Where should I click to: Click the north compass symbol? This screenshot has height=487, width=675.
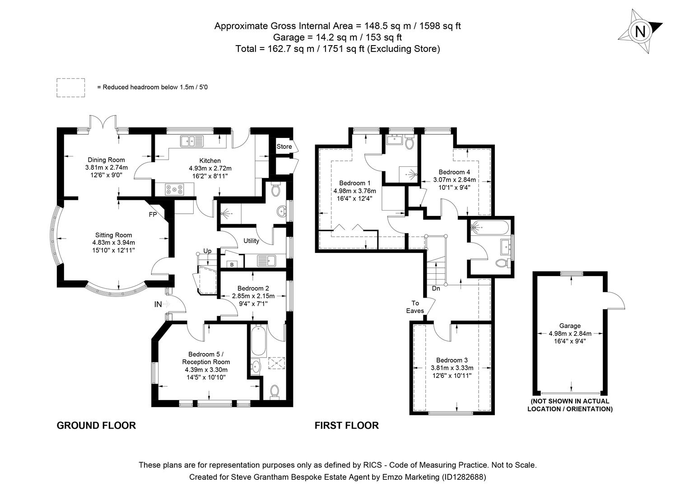coord(640,32)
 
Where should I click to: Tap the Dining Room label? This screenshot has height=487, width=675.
coord(106,160)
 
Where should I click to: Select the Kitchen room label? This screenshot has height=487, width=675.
coord(210,161)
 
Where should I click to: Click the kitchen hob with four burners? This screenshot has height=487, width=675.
coord(174,190)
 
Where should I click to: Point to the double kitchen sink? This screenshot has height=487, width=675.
coord(192,141)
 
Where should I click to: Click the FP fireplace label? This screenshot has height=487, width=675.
coord(153,215)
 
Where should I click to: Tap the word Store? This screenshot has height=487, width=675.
coord(284,147)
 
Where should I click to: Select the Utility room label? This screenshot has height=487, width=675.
coord(251,241)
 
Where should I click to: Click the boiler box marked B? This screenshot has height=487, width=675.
coord(232,265)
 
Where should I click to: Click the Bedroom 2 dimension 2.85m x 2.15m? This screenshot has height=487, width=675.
coord(253,296)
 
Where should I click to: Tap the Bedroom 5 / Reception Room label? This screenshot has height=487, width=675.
coord(206,358)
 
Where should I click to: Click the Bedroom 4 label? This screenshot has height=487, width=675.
coord(454,172)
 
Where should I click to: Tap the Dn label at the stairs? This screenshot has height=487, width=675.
coord(436,288)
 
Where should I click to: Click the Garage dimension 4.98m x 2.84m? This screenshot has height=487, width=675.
coord(570,334)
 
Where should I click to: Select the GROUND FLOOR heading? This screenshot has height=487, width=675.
coord(96,425)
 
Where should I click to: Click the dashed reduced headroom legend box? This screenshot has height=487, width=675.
coord(70,87)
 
